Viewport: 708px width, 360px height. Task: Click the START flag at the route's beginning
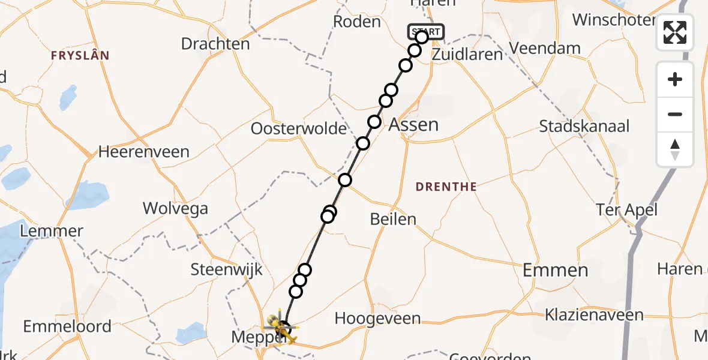[x=425, y=31]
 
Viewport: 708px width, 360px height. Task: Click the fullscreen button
[x=675, y=32]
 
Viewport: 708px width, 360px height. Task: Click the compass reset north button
[x=675, y=149]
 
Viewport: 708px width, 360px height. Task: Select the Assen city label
[x=414, y=125]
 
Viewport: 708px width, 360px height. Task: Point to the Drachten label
[x=215, y=44]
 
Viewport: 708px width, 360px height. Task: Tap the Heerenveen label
[x=143, y=152]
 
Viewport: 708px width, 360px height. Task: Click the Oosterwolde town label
[x=299, y=128]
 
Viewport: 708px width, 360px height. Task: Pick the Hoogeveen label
[x=377, y=319]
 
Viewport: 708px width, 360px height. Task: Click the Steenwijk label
[x=227, y=269]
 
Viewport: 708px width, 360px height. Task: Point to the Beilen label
[x=393, y=219]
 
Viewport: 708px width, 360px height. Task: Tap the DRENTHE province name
[x=446, y=187]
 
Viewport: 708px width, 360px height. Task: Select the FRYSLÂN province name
[x=80, y=56]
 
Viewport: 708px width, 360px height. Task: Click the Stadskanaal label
[x=584, y=127]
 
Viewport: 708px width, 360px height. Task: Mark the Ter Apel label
[x=627, y=210]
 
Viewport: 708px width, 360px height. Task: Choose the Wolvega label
[x=175, y=209]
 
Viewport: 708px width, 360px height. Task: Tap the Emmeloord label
[x=67, y=327]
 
